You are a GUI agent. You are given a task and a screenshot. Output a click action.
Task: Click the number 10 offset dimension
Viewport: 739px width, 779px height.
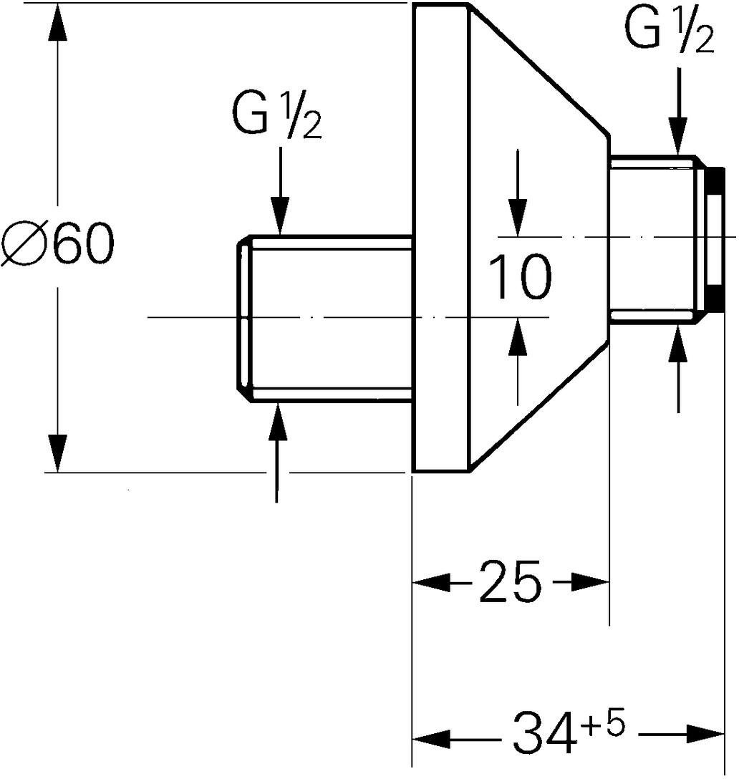(520, 277)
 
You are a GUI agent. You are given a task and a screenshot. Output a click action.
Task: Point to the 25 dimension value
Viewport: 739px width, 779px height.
(510, 584)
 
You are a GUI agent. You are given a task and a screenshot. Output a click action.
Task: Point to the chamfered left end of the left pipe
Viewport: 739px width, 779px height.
(243, 319)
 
